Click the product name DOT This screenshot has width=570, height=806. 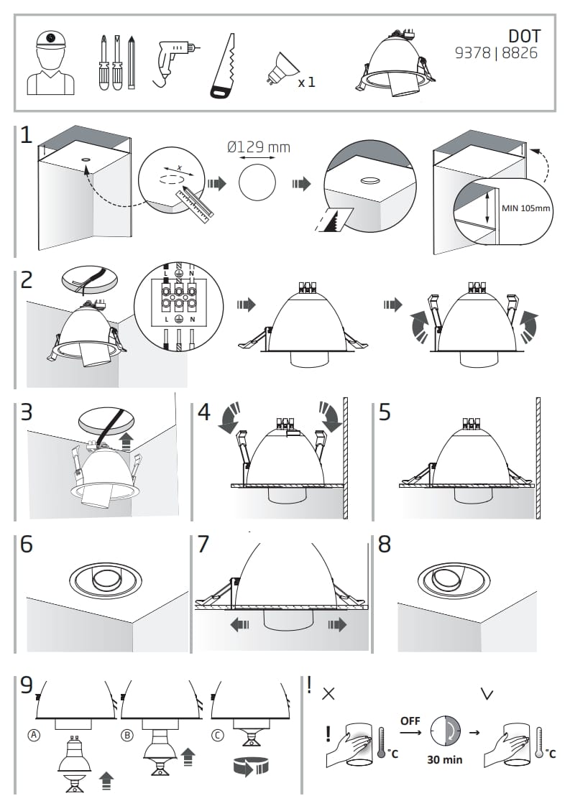point(524,35)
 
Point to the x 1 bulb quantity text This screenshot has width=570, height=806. point(306,82)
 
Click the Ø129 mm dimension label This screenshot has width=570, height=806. point(258,147)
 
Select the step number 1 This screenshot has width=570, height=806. point(26,134)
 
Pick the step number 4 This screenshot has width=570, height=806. point(204,413)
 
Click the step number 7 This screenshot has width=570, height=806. point(203,544)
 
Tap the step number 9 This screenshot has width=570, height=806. point(27,685)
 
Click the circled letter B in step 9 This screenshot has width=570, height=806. point(128,736)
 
